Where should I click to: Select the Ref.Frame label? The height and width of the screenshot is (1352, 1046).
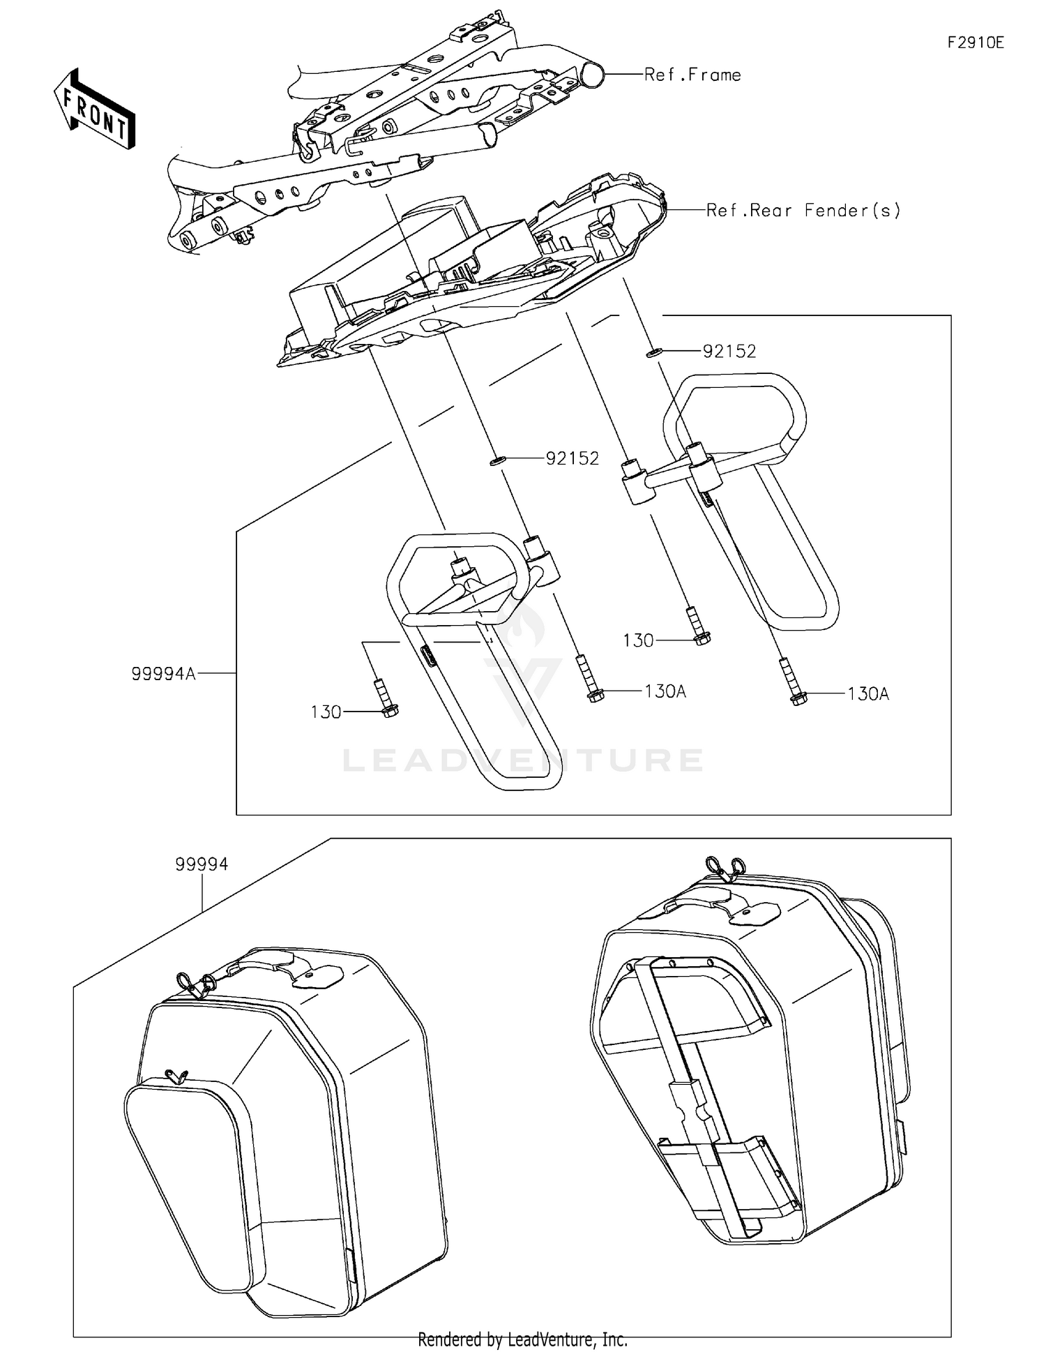(x=692, y=75)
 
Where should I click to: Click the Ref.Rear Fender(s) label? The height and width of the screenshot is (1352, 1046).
(x=803, y=210)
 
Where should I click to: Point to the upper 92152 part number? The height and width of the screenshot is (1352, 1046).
(x=729, y=351)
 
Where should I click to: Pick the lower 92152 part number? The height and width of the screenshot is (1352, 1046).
(x=572, y=458)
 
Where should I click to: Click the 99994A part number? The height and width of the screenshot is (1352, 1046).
(x=163, y=674)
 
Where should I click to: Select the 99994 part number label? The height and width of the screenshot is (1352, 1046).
(x=202, y=864)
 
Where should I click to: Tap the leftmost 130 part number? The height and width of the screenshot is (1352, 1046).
(x=326, y=712)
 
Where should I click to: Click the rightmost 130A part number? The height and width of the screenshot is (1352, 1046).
(x=868, y=694)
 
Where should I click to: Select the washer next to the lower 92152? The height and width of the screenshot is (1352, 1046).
(x=496, y=460)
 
